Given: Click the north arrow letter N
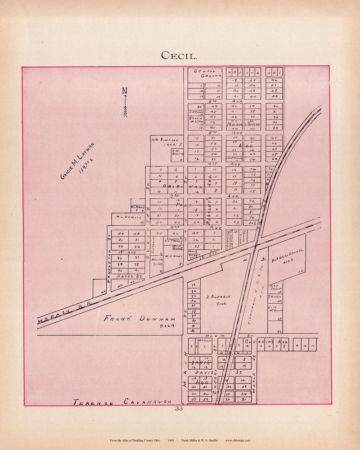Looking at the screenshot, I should click(x=125, y=91).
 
